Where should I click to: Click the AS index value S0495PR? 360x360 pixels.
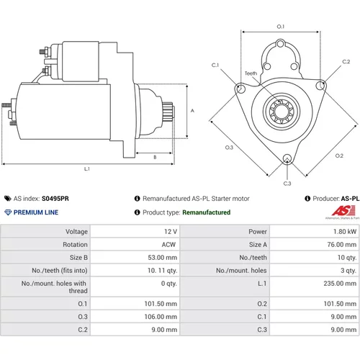tap(55, 199)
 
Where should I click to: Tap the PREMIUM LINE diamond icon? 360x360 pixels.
tap(8, 212)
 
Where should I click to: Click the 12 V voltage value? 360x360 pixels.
tap(171, 232)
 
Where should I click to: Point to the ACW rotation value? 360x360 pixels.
tap(168, 245)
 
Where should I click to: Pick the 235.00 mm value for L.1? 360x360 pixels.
tap(340, 284)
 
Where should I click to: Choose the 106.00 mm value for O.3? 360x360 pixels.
tap(161, 317)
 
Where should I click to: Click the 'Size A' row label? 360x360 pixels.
tap(258, 245)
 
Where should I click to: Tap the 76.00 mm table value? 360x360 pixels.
tap(342, 245)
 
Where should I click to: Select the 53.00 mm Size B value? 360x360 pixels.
tap(163, 258)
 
